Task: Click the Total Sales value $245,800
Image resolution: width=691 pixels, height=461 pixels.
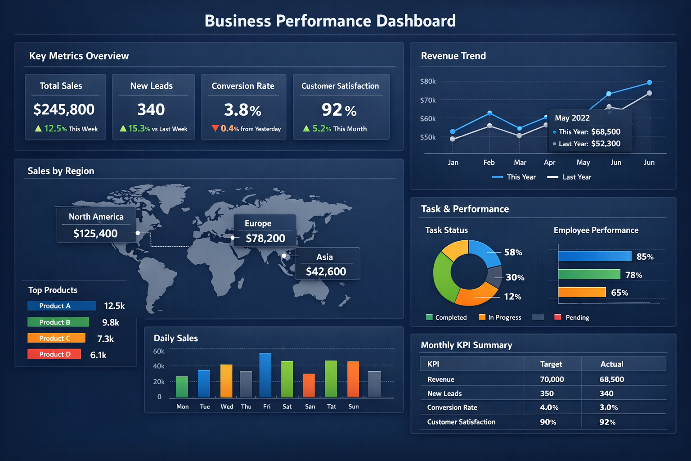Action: point(64,109)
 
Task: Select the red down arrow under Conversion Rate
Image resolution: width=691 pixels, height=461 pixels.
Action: point(215,128)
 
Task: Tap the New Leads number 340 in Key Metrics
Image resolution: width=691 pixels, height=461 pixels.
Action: point(151,109)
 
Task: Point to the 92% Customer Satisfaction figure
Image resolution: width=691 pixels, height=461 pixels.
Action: point(339,110)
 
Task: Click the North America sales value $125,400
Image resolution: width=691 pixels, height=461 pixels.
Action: point(95,234)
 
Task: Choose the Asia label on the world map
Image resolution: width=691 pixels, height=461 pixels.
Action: point(324,257)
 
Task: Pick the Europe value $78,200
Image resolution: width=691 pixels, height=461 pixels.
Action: point(265,239)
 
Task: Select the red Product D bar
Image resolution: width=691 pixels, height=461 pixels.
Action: point(54,354)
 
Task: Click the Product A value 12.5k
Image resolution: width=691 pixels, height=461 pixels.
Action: point(114,306)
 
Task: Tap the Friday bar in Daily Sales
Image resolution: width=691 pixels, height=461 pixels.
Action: point(265,375)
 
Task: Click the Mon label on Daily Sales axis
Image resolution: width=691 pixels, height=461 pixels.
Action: point(183,407)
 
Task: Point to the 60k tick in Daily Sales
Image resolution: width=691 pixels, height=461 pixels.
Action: point(159,351)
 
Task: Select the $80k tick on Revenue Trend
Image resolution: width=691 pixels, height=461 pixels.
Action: point(428,81)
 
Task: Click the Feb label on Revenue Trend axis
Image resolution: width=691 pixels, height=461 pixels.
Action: point(489,163)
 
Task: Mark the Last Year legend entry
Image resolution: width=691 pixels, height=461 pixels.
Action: point(576,177)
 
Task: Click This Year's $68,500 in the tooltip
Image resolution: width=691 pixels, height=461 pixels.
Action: point(606,132)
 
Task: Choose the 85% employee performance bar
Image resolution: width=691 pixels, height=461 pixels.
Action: point(594,256)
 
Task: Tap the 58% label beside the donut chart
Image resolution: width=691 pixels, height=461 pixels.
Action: point(513,253)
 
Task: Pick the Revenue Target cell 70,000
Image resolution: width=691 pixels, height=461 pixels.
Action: point(552,380)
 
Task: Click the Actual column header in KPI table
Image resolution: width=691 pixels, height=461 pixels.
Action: point(612,364)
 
